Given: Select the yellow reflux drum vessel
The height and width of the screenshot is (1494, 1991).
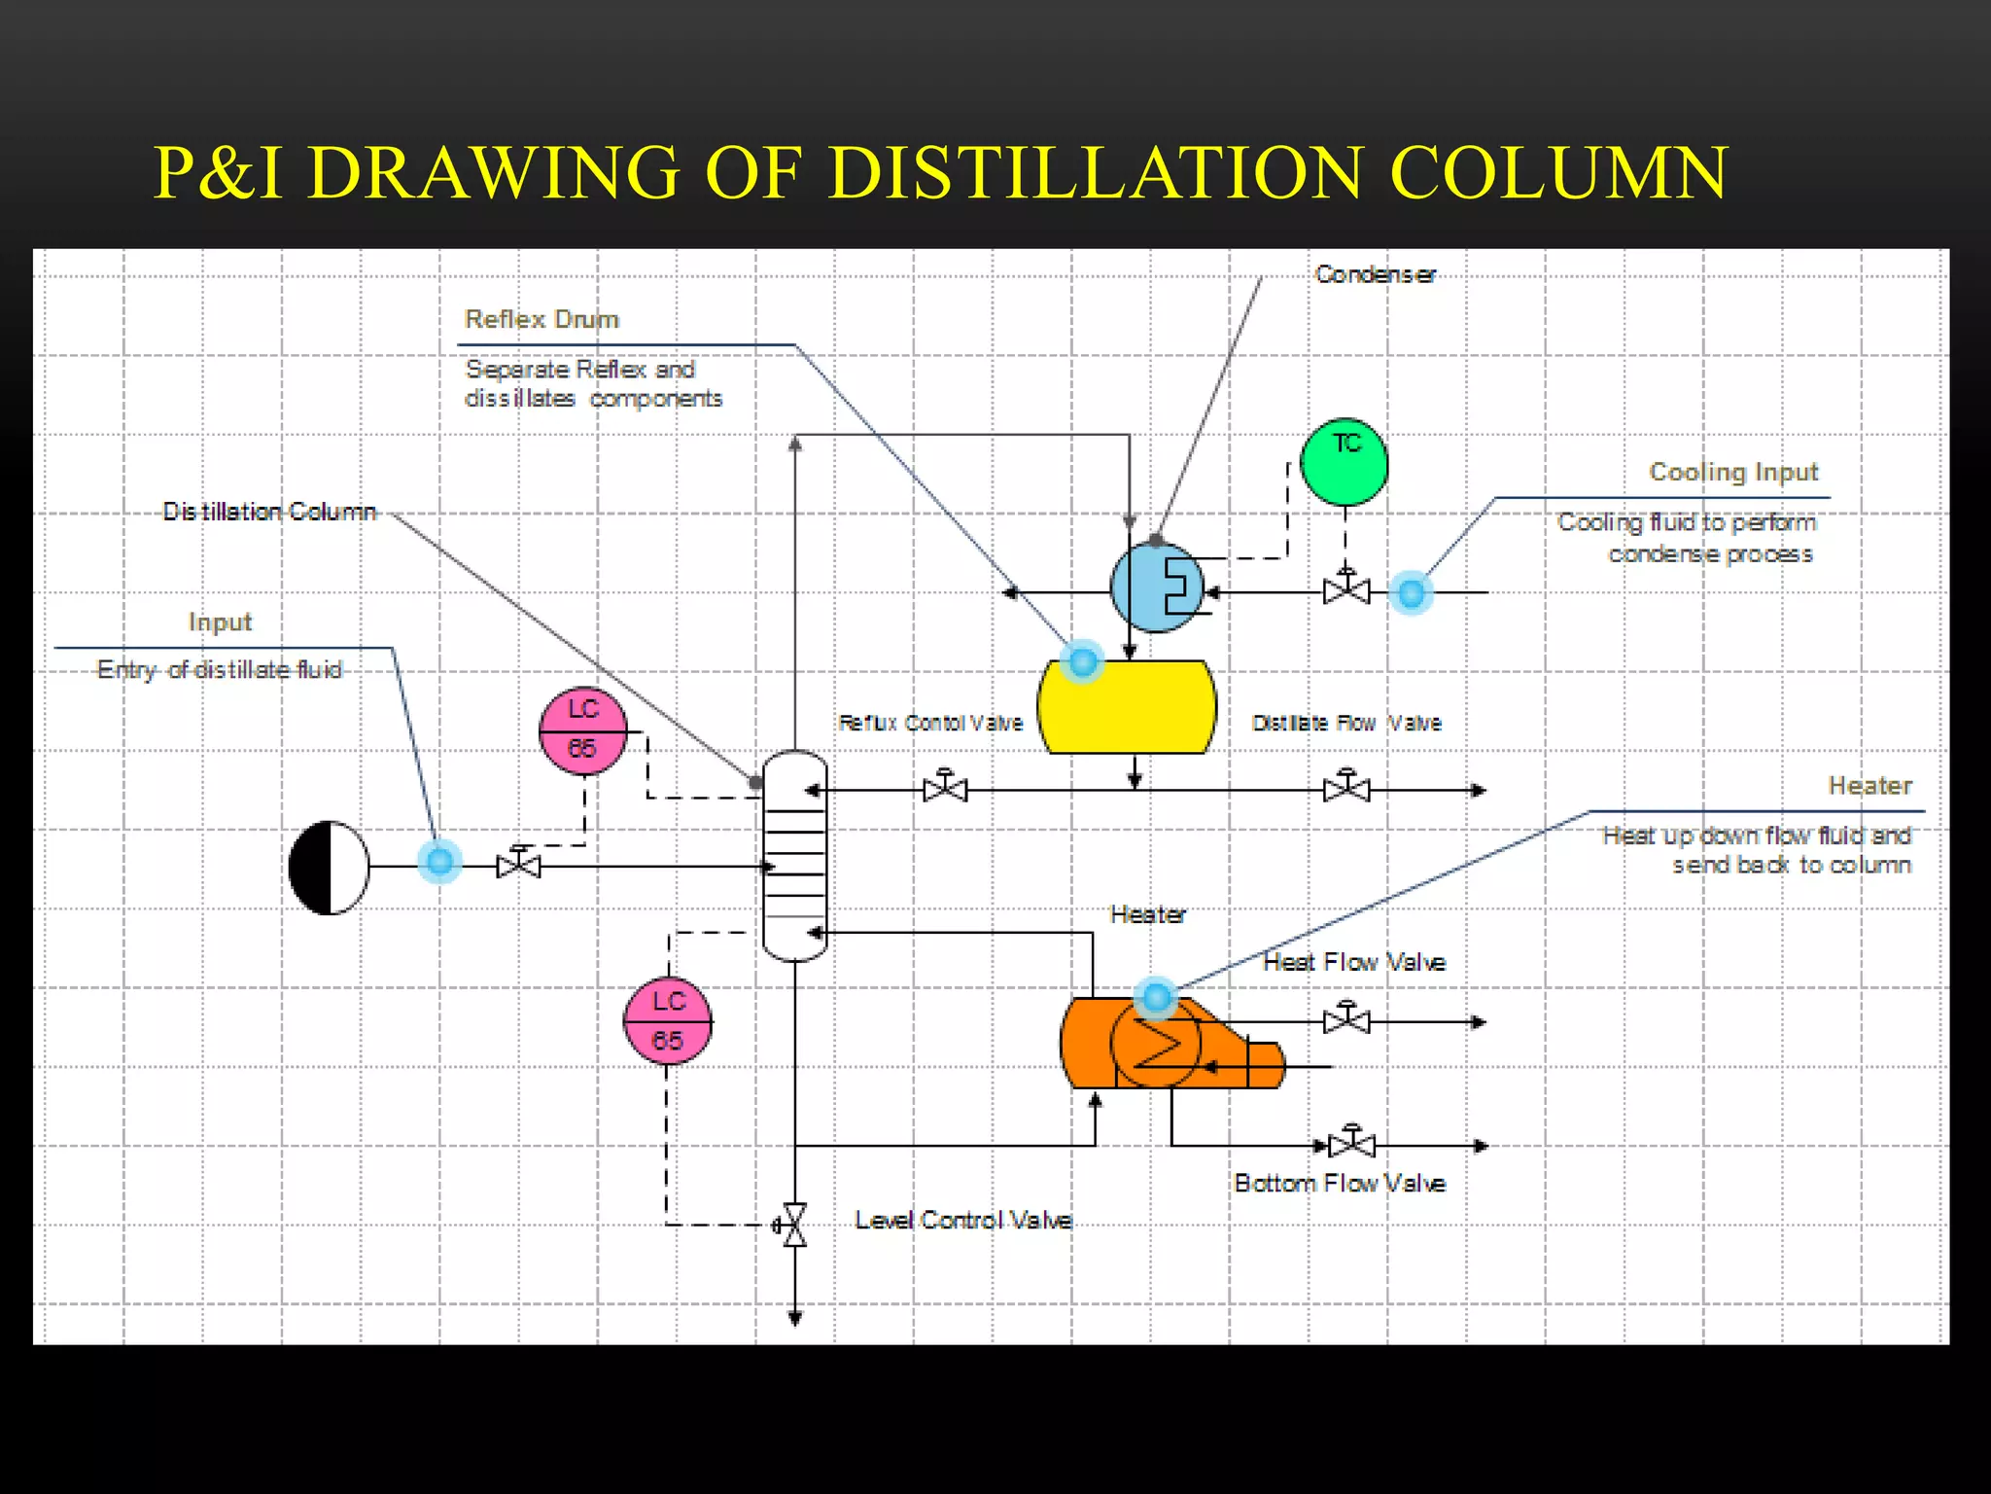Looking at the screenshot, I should (x=1127, y=707).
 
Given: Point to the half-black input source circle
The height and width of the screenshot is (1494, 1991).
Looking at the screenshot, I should (x=330, y=867).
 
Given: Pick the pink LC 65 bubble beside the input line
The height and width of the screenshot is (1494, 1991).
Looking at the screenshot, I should (x=582, y=730).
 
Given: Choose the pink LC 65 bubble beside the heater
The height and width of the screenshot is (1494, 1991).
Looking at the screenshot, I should (x=667, y=1021).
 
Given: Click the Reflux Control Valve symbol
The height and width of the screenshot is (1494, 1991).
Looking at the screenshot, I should (x=945, y=788).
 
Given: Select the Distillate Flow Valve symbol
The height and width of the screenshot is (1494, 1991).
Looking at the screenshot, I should (x=1346, y=788).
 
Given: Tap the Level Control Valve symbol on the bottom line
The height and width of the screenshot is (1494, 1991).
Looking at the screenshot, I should (x=794, y=1225).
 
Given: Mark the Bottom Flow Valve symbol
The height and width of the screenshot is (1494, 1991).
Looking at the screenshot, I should (x=1351, y=1144).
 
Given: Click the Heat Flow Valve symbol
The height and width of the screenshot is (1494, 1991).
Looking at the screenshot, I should (x=1346, y=1020).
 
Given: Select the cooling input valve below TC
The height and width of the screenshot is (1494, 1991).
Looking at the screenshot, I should (x=1346, y=589).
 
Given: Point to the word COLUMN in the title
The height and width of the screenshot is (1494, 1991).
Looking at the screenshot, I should (x=1558, y=173).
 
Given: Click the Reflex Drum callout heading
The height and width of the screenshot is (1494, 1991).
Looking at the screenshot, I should (x=541, y=319).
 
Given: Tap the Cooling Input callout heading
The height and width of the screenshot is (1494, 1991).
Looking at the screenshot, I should (x=1732, y=472).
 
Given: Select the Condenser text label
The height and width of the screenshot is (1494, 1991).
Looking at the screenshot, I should (x=1375, y=274).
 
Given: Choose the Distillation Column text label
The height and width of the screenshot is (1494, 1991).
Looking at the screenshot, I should (x=269, y=512).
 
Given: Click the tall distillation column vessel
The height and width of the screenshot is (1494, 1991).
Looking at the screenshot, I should (x=794, y=856).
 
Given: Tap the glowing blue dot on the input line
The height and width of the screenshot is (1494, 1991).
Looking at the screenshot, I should (x=439, y=861).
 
